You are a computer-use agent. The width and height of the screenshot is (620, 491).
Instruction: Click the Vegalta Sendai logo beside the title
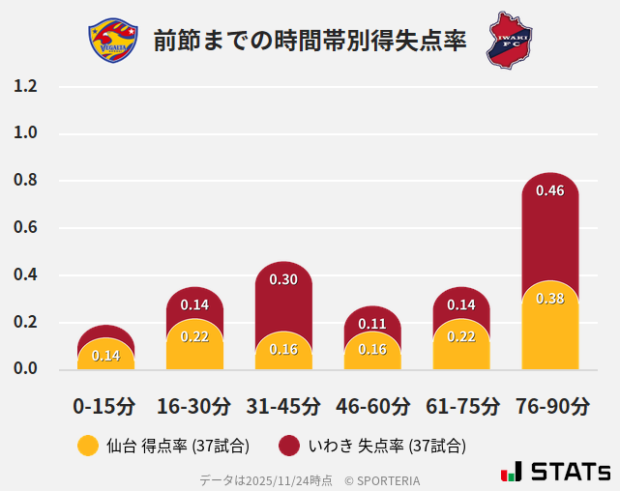pyautogui.click(x=107, y=41)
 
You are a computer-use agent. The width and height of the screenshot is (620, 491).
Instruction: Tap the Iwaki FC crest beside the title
pyautogui.click(x=509, y=41)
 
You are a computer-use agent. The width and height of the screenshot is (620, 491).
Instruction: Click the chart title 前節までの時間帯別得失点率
pyautogui.click(x=310, y=41)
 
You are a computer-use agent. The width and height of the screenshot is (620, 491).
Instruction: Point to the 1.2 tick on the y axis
pyautogui.click(x=26, y=86)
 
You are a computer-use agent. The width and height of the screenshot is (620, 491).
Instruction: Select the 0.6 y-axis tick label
pyautogui.click(x=26, y=228)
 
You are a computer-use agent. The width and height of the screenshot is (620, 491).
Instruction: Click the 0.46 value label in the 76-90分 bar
pyautogui.click(x=549, y=190)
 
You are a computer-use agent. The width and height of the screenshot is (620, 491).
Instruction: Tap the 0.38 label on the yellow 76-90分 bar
pyautogui.click(x=549, y=299)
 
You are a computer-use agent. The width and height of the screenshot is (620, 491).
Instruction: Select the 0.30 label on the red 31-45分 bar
pyautogui.click(x=283, y=279)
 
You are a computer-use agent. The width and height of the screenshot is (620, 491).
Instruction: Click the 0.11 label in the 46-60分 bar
pyautogui.click(x=372, y=324)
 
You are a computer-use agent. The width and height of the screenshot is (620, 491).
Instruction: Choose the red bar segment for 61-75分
pyautogui.click(x=461, y=303)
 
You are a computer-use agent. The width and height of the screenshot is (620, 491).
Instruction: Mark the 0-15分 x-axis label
pyautogui.click(x=105, y=406)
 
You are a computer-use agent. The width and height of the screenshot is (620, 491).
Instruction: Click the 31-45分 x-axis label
pyautogui.click(x=283, y=406)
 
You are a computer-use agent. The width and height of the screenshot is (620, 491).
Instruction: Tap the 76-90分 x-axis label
pyautogui.click(x=551, y=406)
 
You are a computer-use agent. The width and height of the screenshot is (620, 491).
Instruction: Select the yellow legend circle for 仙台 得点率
pyautogui.click(x=87, y=446)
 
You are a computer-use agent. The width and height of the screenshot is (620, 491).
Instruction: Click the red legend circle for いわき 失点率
pyautogui.click(x=288, y=446)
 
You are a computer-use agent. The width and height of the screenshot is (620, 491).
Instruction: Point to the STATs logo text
pyautogui.click(x=571, y=472)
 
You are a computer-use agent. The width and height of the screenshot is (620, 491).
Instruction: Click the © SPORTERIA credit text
pyautogui.click(x=382, y=479)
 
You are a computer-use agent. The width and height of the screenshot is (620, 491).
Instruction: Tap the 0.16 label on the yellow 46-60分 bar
pyautogui.click(x=372, y=349)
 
